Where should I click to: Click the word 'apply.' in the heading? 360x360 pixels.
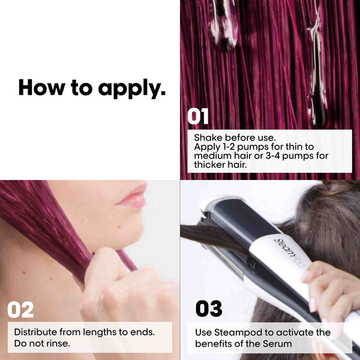pos(132,89)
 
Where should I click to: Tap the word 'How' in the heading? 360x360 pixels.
pos(42,87)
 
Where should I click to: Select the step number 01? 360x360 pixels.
pos(198,116)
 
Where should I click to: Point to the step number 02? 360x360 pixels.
pos(20,310)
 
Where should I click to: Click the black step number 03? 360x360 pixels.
pos(209,308)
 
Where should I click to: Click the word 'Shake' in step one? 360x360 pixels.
pos(208,138)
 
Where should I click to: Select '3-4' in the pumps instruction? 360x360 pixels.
pos(273,156)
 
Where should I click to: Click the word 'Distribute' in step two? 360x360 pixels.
pos(35,332)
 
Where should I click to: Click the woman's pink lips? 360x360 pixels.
pos(134,196)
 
